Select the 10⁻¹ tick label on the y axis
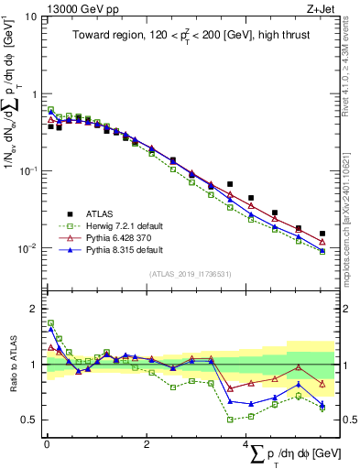27,171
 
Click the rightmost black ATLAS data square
322,234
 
